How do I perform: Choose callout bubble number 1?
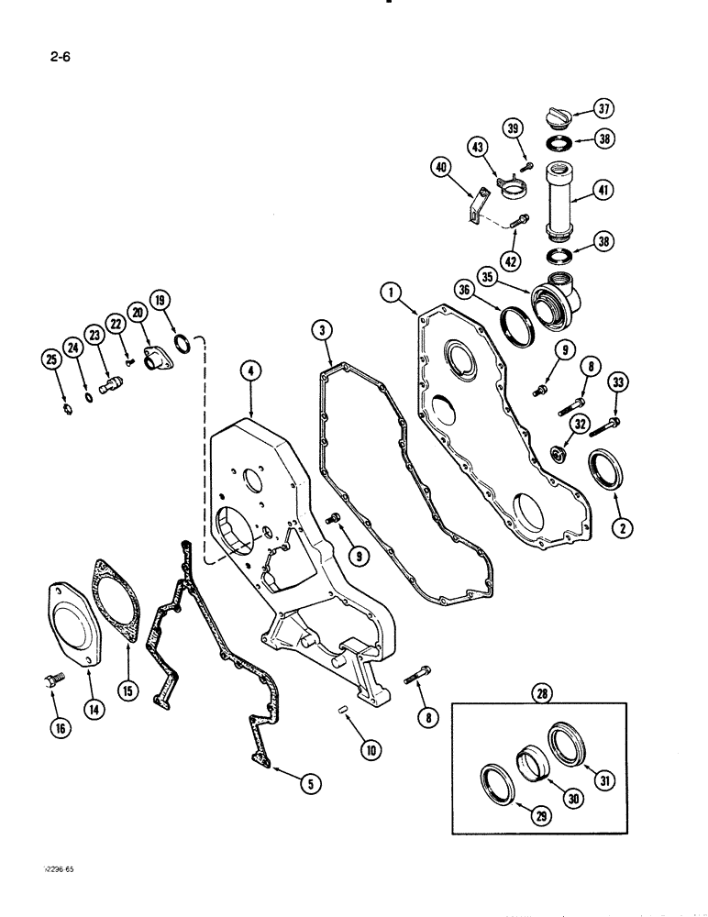tap(393, 295)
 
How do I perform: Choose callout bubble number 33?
tap(615, 386)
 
